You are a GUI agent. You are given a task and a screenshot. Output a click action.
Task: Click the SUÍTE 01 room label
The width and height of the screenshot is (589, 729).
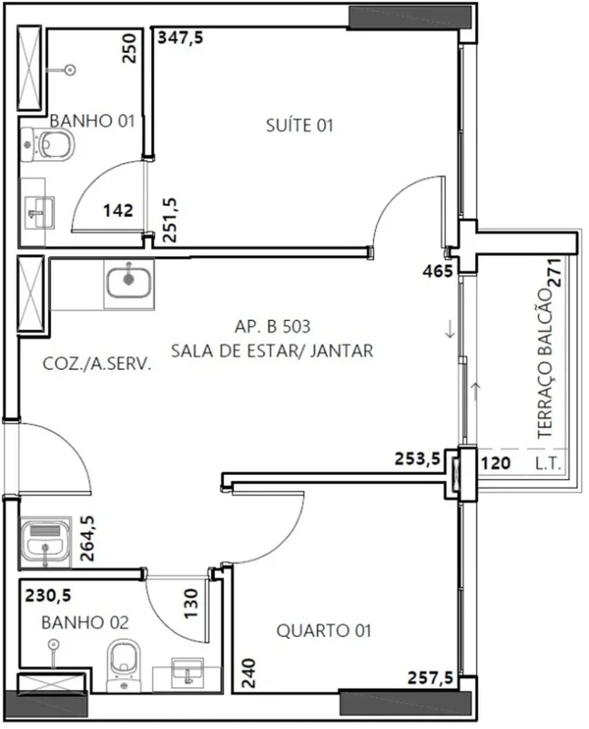pyautogui.click(x=300, y=126)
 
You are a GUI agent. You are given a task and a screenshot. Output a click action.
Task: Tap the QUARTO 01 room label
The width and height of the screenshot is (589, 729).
pyautogui.click(x=324, y=631)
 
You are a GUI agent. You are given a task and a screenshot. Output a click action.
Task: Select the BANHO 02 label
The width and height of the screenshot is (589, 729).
pyautogui.click(x=85, y=622)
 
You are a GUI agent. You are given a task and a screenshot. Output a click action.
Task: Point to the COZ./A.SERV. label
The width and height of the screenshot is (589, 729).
pyautogui.click(x=97, y=364)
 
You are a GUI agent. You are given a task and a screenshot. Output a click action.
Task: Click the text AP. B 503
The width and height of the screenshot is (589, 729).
pyautogui.click(x=272, y=326)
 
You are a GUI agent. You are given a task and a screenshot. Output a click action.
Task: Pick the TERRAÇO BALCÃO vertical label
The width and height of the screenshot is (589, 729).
pyautogui.click(x=545, y=363)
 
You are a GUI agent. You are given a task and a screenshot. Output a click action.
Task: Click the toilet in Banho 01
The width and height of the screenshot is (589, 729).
pyautogui.click(x=48, y=144)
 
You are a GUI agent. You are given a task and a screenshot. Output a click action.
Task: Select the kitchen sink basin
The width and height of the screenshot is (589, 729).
pyautogui.click(x=128, y=283)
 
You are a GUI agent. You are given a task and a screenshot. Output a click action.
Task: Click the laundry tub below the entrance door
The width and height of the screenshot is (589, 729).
pyautogui.click(x=45, y=542)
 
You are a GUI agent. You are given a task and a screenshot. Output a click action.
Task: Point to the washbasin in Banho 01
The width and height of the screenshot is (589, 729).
pyautogui.click(x=39, y=213)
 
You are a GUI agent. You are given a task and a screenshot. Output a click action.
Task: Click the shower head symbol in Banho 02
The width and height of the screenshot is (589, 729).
pyautogui.click(x=54, y=644)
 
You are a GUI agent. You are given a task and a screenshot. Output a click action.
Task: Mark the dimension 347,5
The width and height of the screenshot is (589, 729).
pyautogui.click(x=180, y=37)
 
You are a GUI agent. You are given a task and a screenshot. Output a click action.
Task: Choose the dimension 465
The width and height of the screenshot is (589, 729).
pyautogui.click(x=438, y=271)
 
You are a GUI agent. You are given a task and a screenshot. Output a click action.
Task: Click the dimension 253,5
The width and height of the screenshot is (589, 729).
pyautogui.click(x=417, y=459)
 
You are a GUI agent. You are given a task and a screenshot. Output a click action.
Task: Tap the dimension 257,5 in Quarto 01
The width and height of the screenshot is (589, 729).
pyautogui.click(x=430, y=678)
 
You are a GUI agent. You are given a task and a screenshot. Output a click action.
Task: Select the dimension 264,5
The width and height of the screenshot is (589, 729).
pyautogui.click(x=87, y=538)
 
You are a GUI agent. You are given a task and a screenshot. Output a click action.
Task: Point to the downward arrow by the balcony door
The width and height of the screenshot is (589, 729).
pyautogui.click(x=450, y=329)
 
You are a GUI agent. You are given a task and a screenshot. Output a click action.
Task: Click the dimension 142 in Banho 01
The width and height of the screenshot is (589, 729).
pyautogui.click(x=118, y=210)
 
